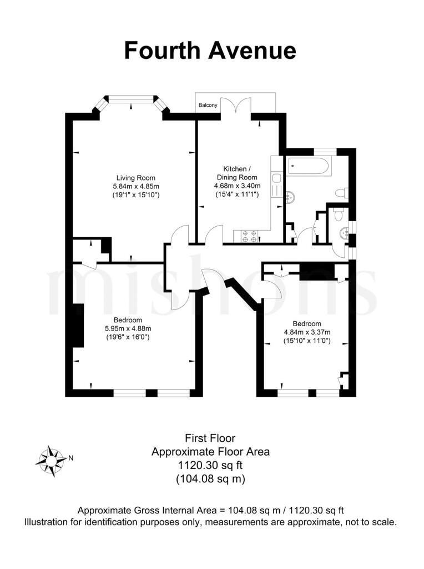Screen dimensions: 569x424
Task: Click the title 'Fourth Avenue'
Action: pos(210,51)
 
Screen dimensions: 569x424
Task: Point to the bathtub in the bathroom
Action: pos(309,165)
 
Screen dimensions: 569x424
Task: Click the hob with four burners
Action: pos(249,236)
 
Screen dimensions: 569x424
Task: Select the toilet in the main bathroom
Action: pos(342,193)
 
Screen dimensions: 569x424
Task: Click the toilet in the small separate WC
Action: pos(339,214)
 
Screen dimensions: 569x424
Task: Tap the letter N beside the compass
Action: pos(70,458)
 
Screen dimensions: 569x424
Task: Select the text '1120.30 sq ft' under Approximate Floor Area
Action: pos(210,465)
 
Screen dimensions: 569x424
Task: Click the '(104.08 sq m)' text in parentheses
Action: pos(210,478)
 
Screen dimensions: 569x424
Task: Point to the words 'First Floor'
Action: pos(210,438)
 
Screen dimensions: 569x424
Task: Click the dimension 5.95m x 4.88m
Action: pos(128,328)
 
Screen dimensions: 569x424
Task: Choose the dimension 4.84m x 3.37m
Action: pos(306,332)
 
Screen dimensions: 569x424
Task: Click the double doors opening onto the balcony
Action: pos(237,106)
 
